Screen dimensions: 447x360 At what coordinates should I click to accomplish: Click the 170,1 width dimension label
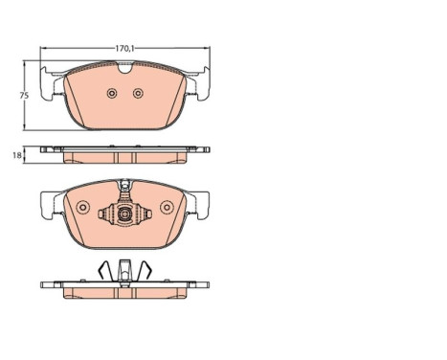click(x=124, y=49)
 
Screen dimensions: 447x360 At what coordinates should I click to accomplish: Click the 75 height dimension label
click(x=24, y=96)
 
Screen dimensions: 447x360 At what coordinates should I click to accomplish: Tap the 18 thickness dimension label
click(x=17, y=155)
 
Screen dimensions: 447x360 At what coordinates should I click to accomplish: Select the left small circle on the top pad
click(x=112, y=93)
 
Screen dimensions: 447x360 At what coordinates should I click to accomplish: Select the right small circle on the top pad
click(x=138, y=93)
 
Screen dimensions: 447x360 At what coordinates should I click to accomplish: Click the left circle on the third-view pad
click(x=83, y=208)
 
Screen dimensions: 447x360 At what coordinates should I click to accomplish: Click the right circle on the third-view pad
click(x=167, y=208)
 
